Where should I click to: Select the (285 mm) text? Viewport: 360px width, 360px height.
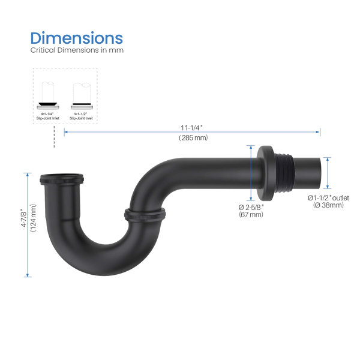click(x=193, y=139)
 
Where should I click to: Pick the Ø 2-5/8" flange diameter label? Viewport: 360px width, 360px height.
click(x=250, y=207)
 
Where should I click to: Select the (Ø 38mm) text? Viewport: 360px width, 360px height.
click(x=328, y=205)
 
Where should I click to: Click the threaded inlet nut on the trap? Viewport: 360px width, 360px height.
click(x=64, y=179)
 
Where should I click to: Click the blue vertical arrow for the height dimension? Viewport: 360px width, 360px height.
click(x=28, y=225)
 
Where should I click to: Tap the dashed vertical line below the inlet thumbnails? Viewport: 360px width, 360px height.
click(x=55, y=137)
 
